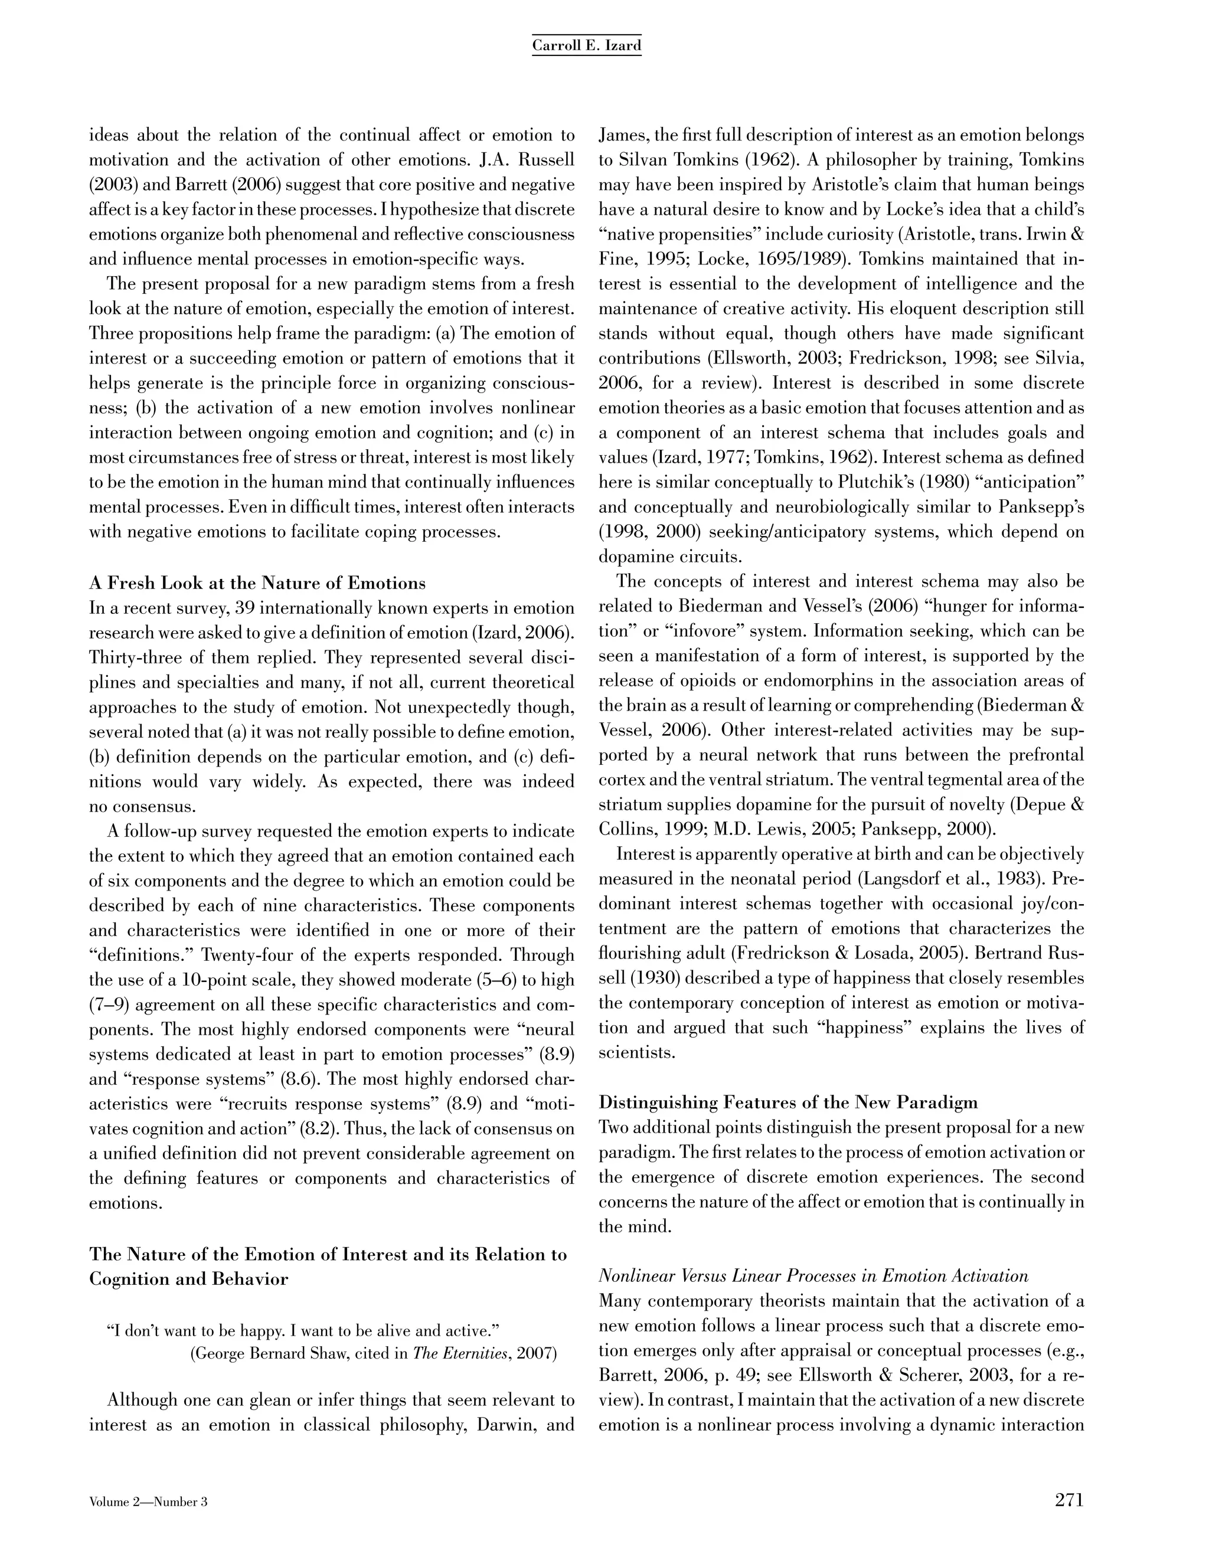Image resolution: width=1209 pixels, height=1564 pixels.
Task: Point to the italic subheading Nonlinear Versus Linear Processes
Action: pos(813,1275)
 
